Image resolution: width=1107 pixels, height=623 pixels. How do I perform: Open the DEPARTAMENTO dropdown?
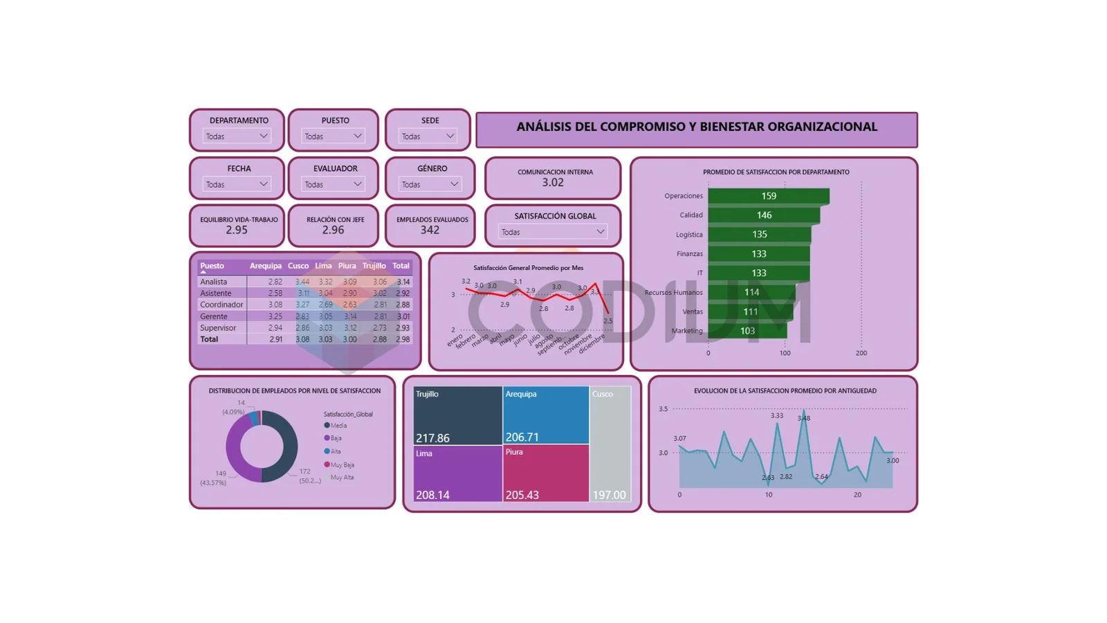click(237, 136)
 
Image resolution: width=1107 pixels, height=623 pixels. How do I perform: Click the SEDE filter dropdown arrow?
click(450, 136)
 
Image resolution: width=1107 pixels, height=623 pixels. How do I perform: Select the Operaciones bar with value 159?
click(768, 196)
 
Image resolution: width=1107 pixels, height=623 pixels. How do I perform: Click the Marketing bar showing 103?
click(747, 331)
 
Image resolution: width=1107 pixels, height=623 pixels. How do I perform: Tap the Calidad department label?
click(690, 215)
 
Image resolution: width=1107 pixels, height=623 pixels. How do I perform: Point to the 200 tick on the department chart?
click(861, 353)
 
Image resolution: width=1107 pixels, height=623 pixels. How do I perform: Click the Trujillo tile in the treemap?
click(457, 415)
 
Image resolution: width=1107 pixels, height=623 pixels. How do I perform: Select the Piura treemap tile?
click(546, 473)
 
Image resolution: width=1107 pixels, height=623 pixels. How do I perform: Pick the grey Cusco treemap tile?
click(610, 443)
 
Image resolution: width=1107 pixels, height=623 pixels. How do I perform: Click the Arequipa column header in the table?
click(266, 266)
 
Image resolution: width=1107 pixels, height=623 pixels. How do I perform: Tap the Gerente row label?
click(214, 316)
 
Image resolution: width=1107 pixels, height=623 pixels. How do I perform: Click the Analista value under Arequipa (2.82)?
click(275, 282)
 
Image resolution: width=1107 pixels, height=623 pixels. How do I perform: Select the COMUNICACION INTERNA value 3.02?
click(553, 183)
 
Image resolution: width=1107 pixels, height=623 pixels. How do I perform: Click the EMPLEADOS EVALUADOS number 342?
click(430, 230)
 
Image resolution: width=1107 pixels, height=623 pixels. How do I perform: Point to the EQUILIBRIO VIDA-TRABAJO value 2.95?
click(237, 230)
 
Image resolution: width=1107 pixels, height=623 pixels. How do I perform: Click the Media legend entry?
click(338, 426)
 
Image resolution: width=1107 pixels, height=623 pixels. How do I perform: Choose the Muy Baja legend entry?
click(342, 464)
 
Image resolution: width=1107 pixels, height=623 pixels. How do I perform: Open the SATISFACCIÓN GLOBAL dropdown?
click(552, 232)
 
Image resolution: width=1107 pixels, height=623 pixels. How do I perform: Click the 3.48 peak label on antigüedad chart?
click(803, 418)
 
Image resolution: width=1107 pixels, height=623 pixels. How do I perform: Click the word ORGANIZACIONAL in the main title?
click(822, 127)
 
